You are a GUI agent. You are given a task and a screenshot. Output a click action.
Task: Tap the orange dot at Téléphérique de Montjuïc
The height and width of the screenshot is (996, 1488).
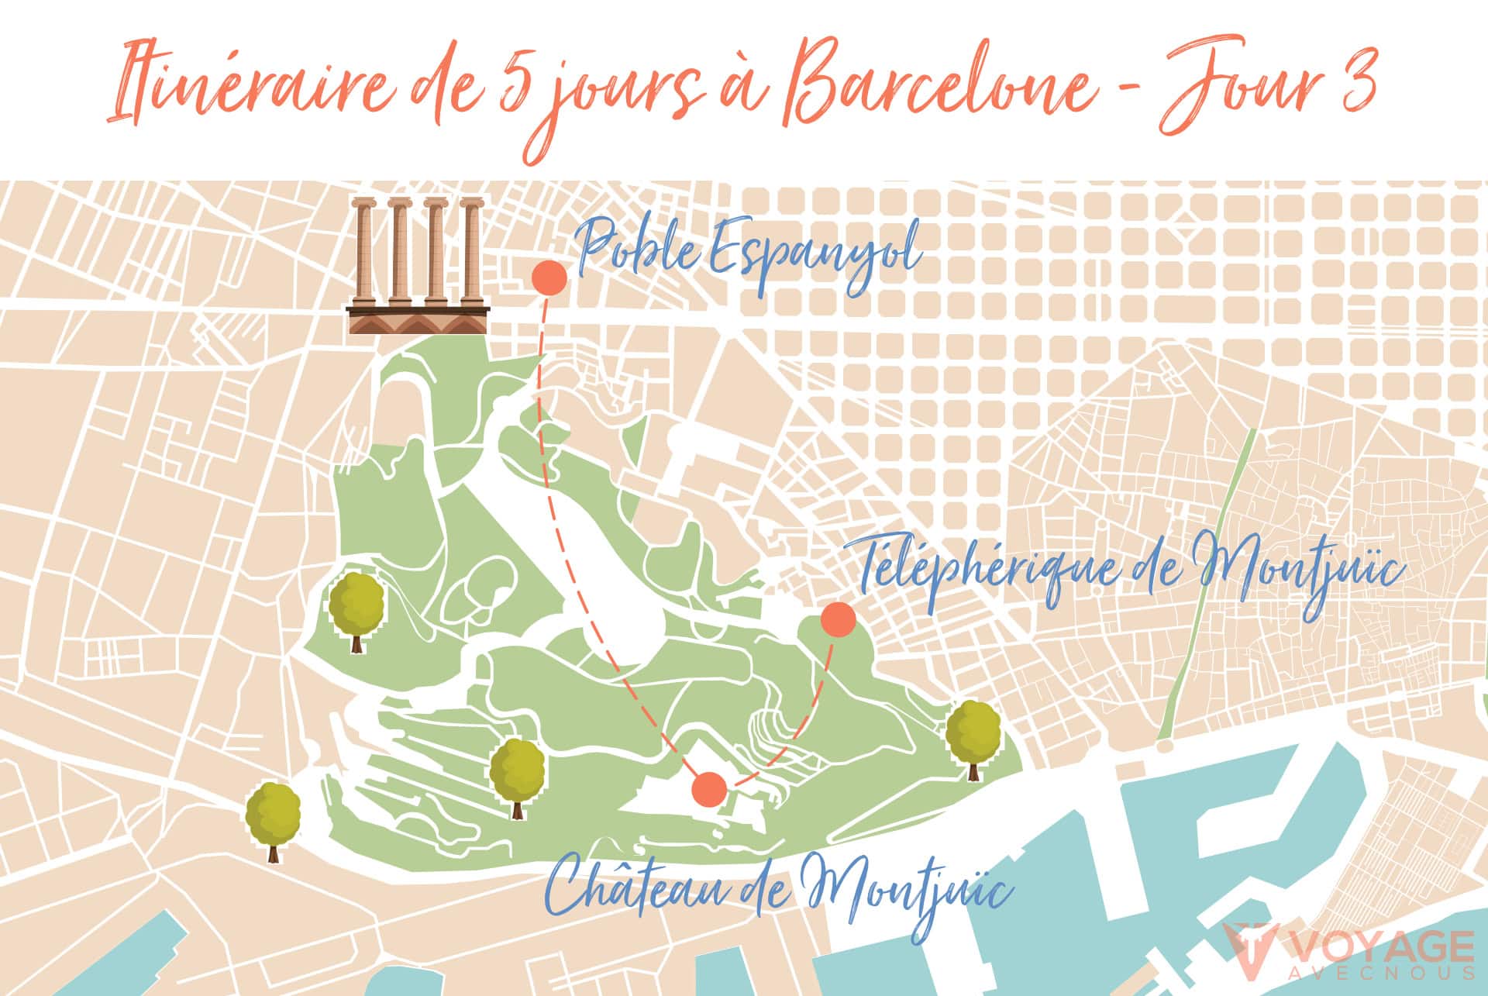[838, 619]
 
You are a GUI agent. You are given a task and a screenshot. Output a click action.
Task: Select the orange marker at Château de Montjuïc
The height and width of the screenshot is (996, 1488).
[709, 789]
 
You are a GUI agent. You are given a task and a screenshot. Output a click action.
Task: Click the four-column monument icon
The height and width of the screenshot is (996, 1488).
[418, 266]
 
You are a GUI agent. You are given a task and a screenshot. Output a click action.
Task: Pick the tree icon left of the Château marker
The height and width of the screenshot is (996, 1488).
[517, 775]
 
